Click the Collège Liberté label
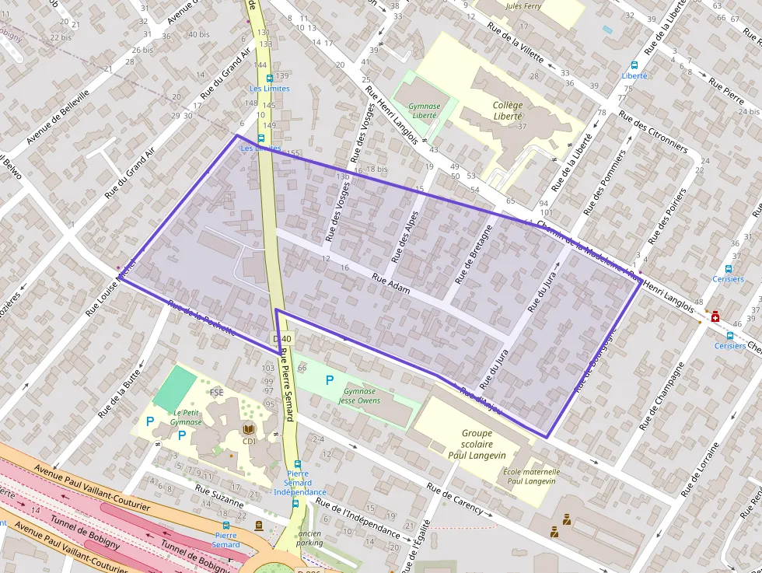[x=508, y=110]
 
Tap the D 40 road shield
[x=282, y=339]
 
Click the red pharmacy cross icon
[x=715, y=317]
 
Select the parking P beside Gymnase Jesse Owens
[x=329, y=380]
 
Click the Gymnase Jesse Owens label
[x=359, y=397]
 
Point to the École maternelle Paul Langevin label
[x=532, y=476]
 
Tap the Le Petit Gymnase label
[x=187, y=418]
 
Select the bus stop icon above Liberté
[x=634, y=65]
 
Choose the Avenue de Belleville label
[x=58, y=117]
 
